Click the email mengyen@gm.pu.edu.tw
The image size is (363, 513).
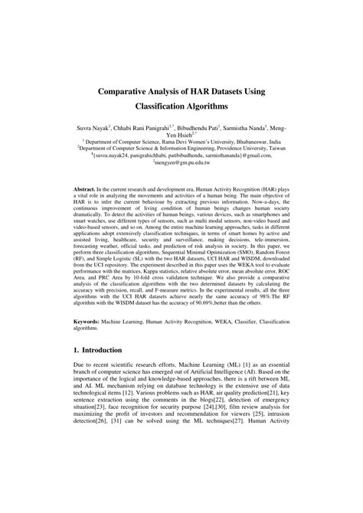181,163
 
